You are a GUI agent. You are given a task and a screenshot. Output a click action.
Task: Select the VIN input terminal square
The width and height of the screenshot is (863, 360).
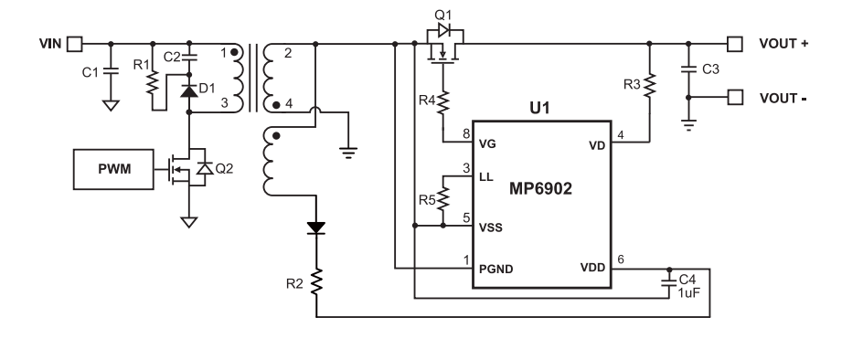76,43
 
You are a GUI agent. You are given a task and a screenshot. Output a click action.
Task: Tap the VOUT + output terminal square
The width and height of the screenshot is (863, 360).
733,43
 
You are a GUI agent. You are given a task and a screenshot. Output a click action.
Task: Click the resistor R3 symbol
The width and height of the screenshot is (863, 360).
651,87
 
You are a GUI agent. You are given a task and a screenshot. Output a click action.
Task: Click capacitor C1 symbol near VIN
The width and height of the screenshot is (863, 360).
110,71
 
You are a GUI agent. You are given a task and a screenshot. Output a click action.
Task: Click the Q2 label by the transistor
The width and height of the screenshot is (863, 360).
221,168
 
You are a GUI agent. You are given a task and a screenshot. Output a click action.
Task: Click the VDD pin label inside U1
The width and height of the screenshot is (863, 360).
592,270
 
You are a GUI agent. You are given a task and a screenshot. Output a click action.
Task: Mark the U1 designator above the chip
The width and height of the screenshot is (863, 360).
541,109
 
